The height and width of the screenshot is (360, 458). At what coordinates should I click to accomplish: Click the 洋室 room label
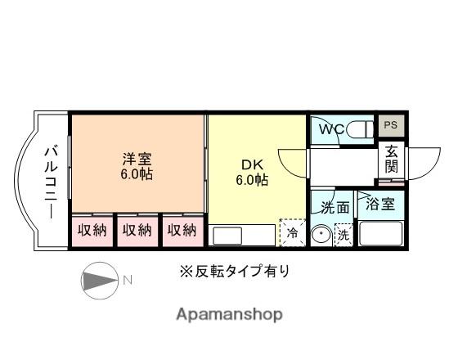coord(137,159)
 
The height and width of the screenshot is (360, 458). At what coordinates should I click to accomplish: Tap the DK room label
coord(252,164)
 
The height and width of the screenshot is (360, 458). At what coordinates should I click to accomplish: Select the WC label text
coord(330,129)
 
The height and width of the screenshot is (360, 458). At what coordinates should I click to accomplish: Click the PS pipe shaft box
coord(390,125)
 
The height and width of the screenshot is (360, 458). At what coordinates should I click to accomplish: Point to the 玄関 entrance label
coord(392,159)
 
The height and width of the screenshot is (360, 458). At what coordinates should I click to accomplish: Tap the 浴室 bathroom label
coord(381,203)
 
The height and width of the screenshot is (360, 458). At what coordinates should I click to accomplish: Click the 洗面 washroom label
coord(335,208)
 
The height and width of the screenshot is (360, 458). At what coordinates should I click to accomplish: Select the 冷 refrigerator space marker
coord(291,233)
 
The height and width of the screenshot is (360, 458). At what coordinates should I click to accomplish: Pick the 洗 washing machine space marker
coord(343,235)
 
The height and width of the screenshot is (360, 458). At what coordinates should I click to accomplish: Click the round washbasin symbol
coord(322,235)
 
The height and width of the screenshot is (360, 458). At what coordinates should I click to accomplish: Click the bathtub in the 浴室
coord(381,235)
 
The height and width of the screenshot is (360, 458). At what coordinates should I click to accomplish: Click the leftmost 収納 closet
coord(92,230)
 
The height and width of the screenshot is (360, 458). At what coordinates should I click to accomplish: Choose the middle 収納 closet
coord(137,230)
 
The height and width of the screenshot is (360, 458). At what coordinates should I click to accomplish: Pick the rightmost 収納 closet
coord(182,230)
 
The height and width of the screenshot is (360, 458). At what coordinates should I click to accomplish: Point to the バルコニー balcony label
coord(49,182)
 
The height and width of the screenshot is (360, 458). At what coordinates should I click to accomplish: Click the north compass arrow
coord(100,280)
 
